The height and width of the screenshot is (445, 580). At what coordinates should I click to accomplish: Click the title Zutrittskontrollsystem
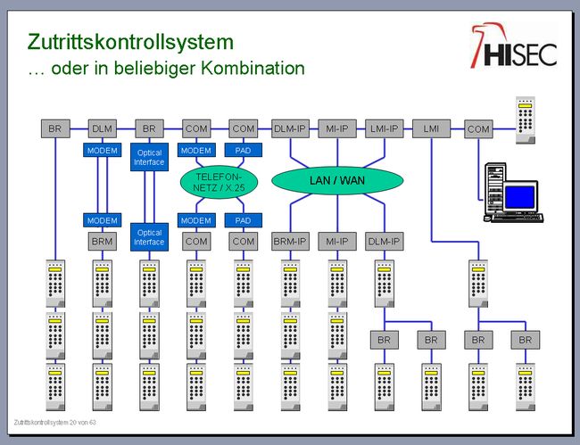pyautogui.click(x=130, y=42)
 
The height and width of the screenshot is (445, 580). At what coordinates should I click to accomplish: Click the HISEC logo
pyautogui.click(x=514, y=47)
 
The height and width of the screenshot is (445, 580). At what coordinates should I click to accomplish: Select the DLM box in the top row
pyautogui.click(x=103, y=129)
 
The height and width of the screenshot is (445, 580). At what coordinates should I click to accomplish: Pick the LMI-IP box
pyautogui.click(x=385, y=129)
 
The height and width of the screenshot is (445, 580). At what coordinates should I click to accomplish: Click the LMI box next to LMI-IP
pyautogui.click(x=432, y=129)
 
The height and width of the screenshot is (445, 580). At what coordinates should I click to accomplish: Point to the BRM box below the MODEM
pyautogui.click(x=102, y=241)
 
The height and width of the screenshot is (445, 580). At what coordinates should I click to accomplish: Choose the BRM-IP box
pyautogui.click(x=291, y=241)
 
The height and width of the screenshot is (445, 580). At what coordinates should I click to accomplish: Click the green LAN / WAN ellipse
pyautogui.click(x=336, y=181)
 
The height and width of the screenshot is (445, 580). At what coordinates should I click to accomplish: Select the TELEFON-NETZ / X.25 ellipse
pyautogui.click(x=218, y=183)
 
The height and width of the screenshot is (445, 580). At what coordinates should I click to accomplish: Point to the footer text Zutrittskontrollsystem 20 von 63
pyautogui.click(x=54, y=421)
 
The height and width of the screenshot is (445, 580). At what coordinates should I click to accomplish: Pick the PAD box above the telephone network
pyautogui.click(x=243, y=150)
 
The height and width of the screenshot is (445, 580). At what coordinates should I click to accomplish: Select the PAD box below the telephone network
pyautogui.click(x=243, y=220)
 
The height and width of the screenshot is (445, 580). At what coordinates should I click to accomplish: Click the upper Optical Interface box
pyautogui.click(x=149, y=158)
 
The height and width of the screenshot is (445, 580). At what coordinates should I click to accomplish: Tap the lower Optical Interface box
pyautogui.click(x=149, y=236)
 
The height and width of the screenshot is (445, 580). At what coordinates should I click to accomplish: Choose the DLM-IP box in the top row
pyautogui.click(x=290, y=129)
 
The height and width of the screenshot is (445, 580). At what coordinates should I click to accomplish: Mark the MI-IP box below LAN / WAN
pyautogui.click(x=337, y=241)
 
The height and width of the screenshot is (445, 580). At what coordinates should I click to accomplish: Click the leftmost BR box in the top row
pyautogui.click(x=55, y=129)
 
